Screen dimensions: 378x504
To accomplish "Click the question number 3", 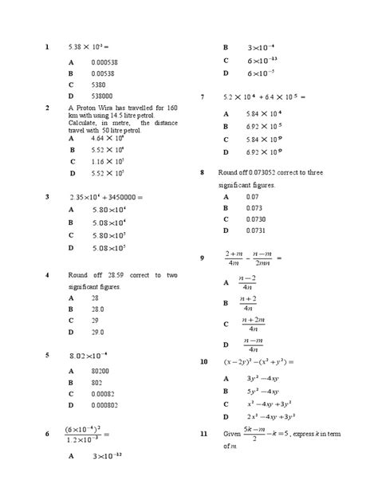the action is click(x=48, y=196).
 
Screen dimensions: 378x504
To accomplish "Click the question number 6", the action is click(x=48, y=433).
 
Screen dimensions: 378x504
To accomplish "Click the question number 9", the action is click(x=203, y=258).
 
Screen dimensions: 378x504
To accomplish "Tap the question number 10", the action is click(x=204, y=361).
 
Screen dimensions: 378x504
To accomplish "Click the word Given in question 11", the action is click(x=232, y=433).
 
